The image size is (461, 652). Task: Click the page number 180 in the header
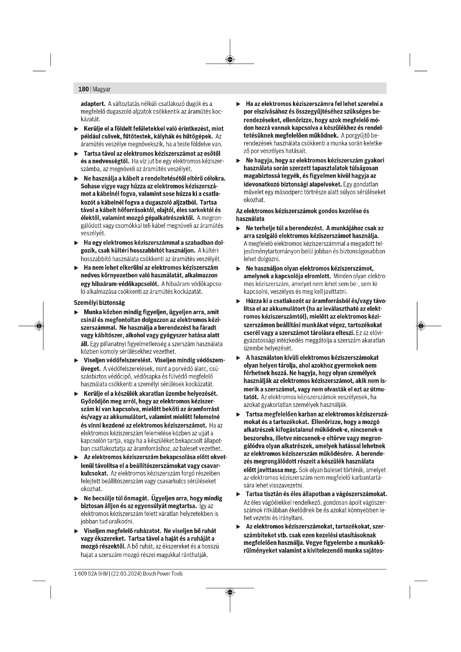(83, 89)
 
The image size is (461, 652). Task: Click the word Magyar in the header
(101, 89)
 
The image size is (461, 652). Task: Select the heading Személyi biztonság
(99, 303)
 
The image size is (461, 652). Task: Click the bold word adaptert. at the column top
(93, 104)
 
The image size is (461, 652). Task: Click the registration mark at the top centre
(230, 60)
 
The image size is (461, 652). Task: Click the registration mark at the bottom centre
(230, 592)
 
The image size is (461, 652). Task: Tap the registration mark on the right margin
(421, 326)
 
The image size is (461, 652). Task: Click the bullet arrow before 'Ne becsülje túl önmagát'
(76, 499)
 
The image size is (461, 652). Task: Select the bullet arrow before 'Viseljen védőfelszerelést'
(76, 361)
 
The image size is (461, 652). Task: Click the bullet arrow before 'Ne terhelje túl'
(239, 228)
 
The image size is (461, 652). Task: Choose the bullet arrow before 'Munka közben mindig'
(76, 312)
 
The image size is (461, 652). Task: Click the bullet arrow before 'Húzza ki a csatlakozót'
(239, 301)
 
